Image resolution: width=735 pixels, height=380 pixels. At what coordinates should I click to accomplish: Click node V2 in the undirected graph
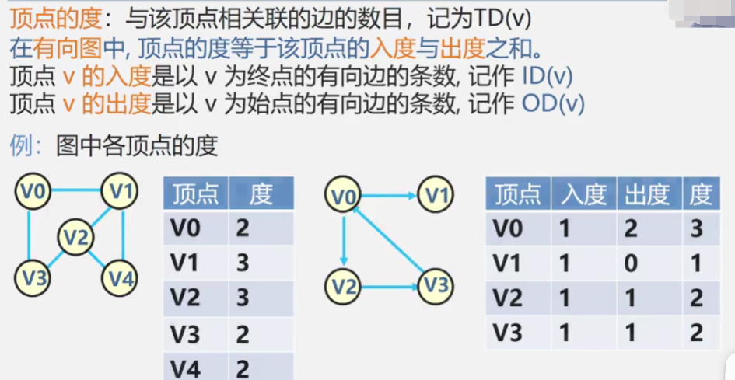[76, 237]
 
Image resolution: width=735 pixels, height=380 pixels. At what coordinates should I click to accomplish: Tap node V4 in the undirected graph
[121, 278]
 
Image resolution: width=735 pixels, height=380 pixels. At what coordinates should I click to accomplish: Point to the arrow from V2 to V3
[390, 288]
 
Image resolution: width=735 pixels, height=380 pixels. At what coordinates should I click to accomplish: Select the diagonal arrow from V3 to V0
[389, 241]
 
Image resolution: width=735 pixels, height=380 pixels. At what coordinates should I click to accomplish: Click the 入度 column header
[583, 194]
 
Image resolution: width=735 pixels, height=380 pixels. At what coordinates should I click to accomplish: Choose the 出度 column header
[647, 194]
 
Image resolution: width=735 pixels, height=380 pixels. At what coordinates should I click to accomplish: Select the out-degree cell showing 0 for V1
[631, 263]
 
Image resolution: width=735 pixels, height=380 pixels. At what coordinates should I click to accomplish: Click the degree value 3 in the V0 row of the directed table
[697, 228]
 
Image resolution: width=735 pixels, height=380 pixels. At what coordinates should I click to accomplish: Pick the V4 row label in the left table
[185, 368]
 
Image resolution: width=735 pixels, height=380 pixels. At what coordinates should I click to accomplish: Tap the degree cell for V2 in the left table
[243, 298]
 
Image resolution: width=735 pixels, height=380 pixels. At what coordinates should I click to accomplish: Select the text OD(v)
[552, 103]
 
